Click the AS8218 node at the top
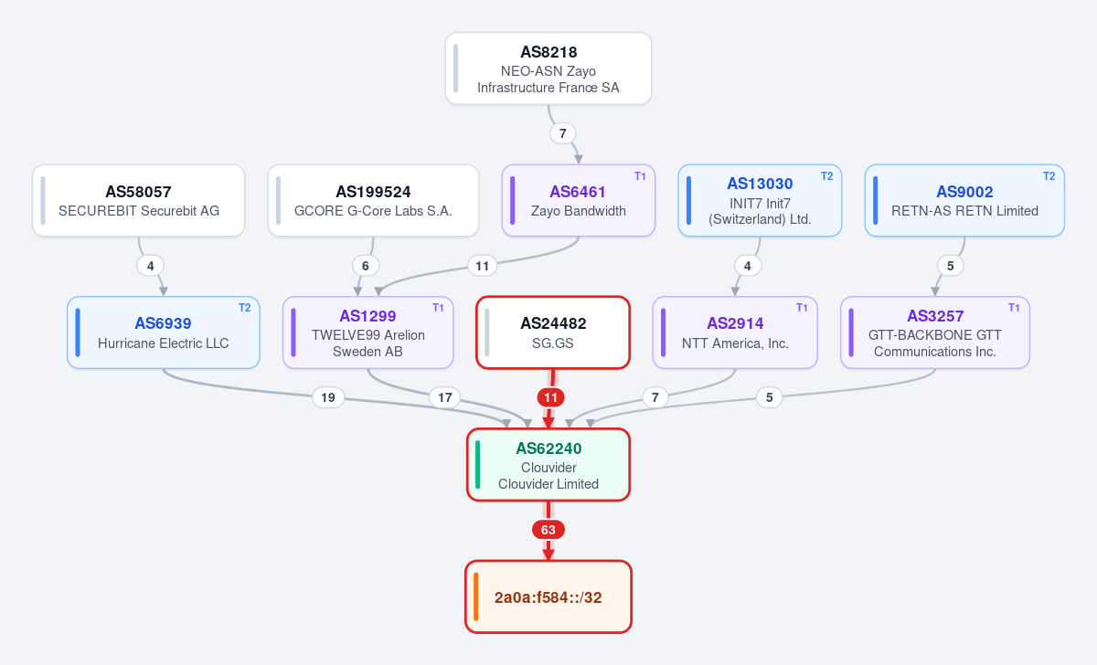click(x=548, y=69)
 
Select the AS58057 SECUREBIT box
click(x=139, y=201)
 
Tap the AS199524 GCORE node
click(x=373, y=201)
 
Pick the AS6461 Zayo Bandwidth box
click(x=579, y=201)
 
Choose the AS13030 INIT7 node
click(x=760, y=201)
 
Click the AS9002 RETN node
click(x=964, y=201)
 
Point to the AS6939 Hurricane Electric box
click(x=163, y=332)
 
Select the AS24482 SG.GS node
click(x=553, y=332)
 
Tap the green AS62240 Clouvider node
click(x=548, y=465)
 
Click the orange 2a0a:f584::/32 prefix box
click(x=548, y=597)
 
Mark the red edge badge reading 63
click(x=548, y=530)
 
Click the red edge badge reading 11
click(x=551, y=397)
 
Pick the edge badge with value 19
click(x=328, y=397)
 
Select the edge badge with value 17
click(x=444, y=397)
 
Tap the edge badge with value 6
click(x=366, y=266)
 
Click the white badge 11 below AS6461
click(x=483, y=266)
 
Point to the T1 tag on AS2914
click(x=802, y=308)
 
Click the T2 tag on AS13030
click(x=826, y=176)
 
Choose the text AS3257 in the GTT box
click(x=935, y=316)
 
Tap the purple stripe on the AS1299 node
click(x=293, y=332)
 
